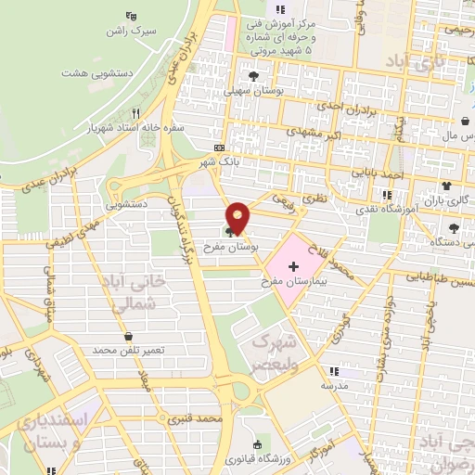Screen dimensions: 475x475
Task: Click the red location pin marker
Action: [x=238, y=217]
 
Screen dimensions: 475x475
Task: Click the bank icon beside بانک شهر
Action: [x=219, y=148]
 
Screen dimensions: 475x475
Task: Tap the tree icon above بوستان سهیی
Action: [x=253, y=76]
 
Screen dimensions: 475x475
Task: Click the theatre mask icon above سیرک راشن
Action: [x=130, y=15]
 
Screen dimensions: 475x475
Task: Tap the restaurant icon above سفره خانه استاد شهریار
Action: [x=135, y=112]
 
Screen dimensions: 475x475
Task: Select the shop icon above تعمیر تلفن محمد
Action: [x=128, y=336]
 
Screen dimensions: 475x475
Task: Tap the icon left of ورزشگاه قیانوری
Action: [x=257, y=445]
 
